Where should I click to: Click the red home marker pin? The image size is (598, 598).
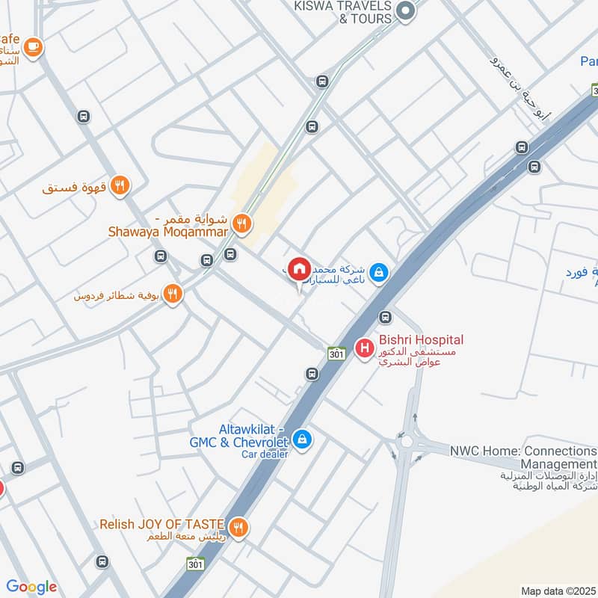(300, 269)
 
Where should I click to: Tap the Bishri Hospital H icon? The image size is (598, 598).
(365, 348)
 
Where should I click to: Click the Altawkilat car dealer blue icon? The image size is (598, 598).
(303, 439)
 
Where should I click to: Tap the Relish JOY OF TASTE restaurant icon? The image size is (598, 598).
(238, 528)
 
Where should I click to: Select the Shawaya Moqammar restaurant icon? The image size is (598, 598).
(241, 222)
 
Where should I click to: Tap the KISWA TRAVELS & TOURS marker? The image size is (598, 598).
(406, 10)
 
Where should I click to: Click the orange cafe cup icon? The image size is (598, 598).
(33, 47)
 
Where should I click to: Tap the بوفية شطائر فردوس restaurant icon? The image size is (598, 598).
(173, 294)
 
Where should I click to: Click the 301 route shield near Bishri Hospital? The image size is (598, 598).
(336, 353)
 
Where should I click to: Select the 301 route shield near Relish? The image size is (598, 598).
(195, 563)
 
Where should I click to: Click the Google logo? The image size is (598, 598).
(31, 587)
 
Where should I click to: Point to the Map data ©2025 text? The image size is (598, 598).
(557, 591)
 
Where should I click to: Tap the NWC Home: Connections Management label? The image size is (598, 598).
(523, 457)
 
